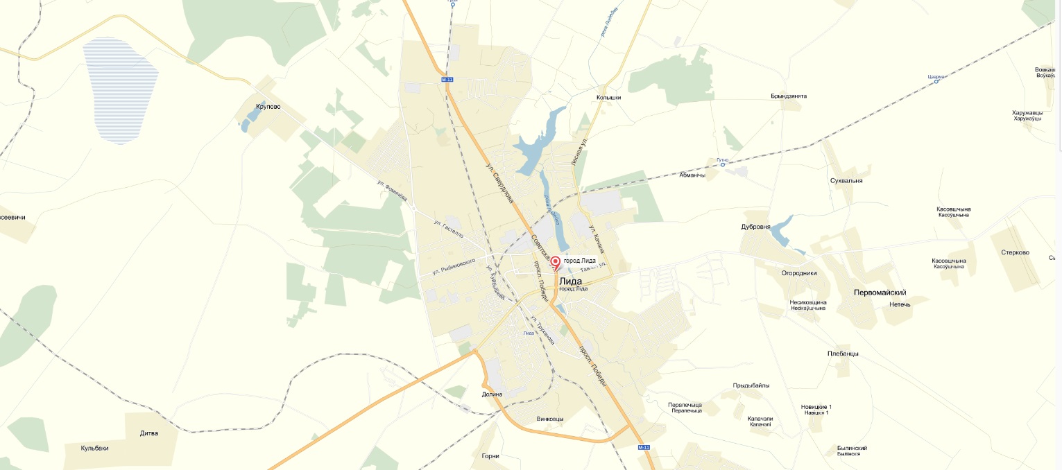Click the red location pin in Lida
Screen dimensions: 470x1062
(555, 263)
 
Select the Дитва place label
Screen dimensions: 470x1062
(149, 433)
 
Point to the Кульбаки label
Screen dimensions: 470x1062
(95, 448)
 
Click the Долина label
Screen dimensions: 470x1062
(491, 394)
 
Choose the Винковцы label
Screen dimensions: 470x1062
(550, 419)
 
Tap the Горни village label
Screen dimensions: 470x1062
(490, 456)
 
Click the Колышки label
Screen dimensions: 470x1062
(608, 98)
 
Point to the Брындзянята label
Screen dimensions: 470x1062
(789, 96)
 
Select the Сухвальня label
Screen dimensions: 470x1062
(846, 180)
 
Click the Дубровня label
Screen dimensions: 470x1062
(755, 227)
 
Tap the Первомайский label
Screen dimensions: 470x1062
(880, 293)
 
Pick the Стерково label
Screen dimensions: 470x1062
(1015, 252)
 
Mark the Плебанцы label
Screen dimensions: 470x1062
(843, 354)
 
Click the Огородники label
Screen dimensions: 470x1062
(799, 273)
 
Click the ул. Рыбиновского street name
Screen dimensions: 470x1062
(452, 265)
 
